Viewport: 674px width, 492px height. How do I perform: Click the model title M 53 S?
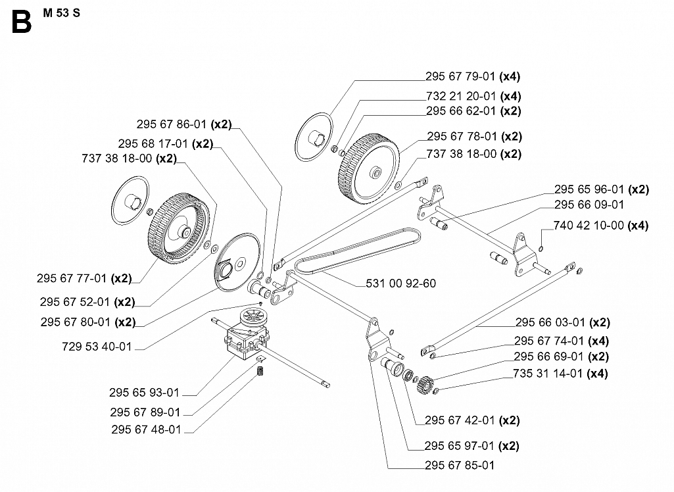point(61,13)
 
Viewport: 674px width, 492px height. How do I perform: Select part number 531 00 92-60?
point(400,283)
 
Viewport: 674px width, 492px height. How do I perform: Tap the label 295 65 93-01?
point(144,393)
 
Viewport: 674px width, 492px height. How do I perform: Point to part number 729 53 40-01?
point(97,347)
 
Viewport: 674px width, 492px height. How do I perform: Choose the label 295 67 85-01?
point(460,465)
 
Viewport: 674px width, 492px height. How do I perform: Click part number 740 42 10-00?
point(589,226)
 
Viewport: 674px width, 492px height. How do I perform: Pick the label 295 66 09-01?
point(589,205)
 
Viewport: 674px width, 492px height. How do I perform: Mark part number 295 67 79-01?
point(460,76)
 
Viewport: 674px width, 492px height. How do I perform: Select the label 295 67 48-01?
point(146,430)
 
